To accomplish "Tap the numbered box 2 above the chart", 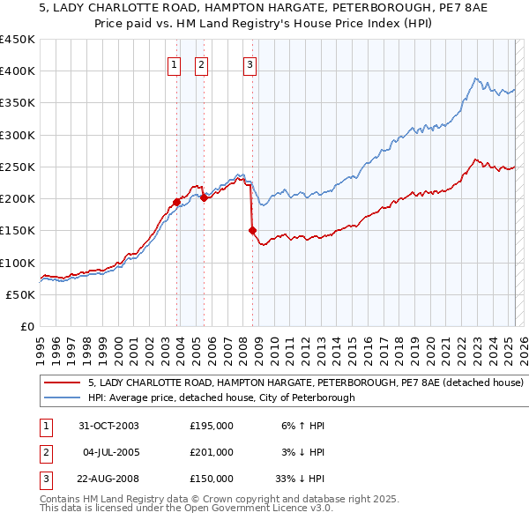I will click(x=200, y=63).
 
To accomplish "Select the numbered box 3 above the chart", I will click(x=250, y=63).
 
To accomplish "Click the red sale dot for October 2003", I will click(x=177, y=202).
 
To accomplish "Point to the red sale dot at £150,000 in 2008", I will click(x=252, y=230).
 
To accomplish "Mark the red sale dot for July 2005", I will click(x=204, y=197).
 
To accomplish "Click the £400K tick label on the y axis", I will click(x=18, y=71).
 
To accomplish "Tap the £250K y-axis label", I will click(x=18, y=167).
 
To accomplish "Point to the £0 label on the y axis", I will click(x=26, y=326).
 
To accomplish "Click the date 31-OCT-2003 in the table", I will click(x=108, y=426).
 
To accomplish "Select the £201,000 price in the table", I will click(x=211, y=452).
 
